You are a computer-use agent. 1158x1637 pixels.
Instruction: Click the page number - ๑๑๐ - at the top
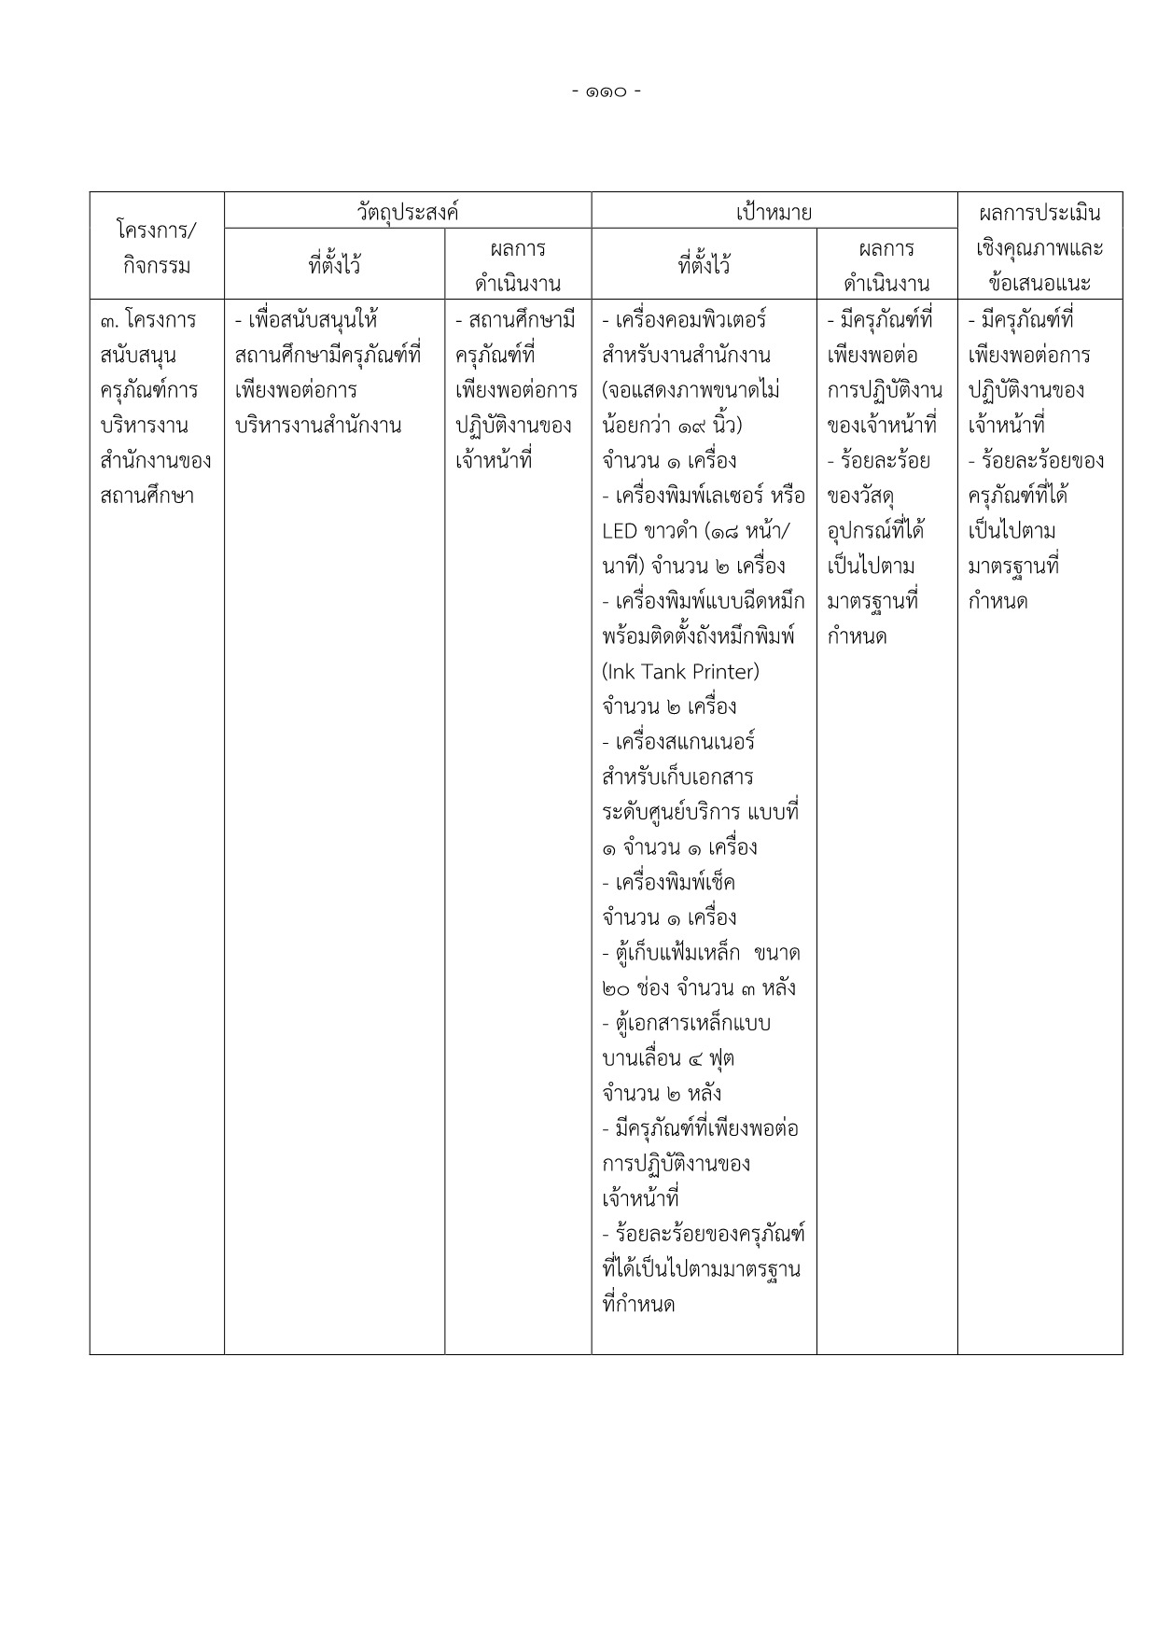pos(607,91)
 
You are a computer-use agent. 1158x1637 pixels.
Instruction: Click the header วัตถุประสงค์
pos(408,212)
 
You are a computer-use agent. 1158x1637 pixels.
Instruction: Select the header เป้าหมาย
pos(774,212)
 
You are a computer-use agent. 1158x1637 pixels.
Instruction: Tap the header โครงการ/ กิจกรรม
pos(156,247)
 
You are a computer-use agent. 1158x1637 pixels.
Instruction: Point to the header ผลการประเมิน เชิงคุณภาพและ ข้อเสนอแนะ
pos(1039,247)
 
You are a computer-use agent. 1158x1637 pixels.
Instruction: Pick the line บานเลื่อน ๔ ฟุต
pos(669,1058)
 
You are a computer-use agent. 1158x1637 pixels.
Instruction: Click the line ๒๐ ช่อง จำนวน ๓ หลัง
pos(699,988)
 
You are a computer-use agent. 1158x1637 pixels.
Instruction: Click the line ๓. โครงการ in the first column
pos(148,320)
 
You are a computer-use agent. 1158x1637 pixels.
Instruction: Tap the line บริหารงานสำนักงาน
pos(318,426)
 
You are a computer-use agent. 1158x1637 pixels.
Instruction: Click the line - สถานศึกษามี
pos(515,320)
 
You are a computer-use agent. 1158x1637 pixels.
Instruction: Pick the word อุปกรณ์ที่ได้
pos(876,531)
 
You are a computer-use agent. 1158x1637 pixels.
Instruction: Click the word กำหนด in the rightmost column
pos(998,601)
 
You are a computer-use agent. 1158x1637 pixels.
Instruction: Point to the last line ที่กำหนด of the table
pos(639,1305)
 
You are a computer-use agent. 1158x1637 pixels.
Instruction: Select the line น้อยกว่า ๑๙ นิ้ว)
pos(672,426)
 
